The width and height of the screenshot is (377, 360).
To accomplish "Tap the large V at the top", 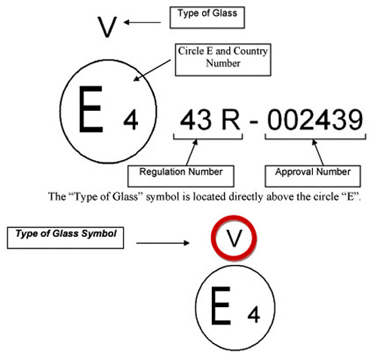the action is (107, 27).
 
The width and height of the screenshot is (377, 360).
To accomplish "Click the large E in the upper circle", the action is (90, 109).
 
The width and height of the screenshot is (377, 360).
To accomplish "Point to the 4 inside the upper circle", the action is (130, 120).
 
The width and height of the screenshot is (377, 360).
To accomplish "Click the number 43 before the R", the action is (196, 119).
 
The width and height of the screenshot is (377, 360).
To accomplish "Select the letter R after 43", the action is (231, 120).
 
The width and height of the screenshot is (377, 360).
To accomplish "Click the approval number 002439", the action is (315, 120).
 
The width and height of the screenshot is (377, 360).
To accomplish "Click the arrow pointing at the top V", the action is (143, 23).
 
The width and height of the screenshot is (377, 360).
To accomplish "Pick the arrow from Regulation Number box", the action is (192, 152).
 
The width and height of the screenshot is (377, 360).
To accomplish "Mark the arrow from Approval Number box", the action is (317, 152).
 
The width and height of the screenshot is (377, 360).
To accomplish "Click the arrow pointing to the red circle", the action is (163, 243).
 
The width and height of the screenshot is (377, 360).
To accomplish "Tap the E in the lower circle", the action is (221, 306).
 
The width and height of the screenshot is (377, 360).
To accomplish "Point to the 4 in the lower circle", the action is (253, 315).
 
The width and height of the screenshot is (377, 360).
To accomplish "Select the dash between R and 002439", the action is (254, 122).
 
